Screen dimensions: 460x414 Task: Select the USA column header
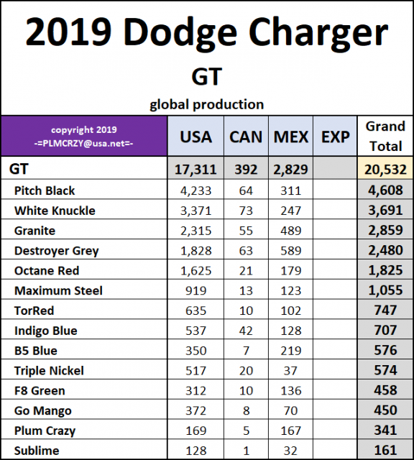click(194, 136)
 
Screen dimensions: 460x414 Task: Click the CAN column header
click(245, 136)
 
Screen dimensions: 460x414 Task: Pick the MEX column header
click(291, 136)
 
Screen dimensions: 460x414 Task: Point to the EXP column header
click(335, 136)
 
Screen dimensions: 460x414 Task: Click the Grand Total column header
click(385, 135)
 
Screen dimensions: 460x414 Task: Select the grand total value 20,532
click(385, 170)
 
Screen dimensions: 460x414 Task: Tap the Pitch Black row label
click(45, 190)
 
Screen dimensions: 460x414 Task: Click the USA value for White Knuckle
click(194, 211)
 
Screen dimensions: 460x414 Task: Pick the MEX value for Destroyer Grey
click(291, 251)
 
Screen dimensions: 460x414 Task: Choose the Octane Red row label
click(47, 270)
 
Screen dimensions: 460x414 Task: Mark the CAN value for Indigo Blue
click(245, 331)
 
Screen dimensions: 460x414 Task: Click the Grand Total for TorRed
click(385, 310)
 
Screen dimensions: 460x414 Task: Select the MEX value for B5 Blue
click(291, 351)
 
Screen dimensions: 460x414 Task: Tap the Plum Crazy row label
click(45, 431)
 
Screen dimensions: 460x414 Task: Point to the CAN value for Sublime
click(245, 451)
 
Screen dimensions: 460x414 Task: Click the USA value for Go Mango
click(194, 410)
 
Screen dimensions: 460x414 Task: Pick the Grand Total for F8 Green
click(385, 390)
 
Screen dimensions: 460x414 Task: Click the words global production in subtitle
click(206, 104)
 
